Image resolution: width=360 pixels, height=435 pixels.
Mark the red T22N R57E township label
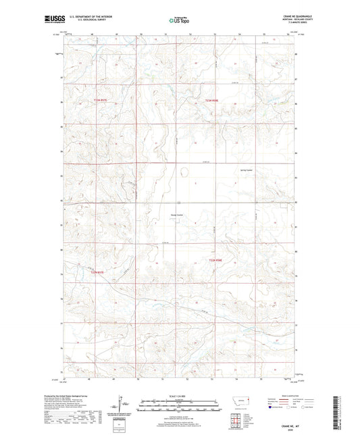tap(99, 272)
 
